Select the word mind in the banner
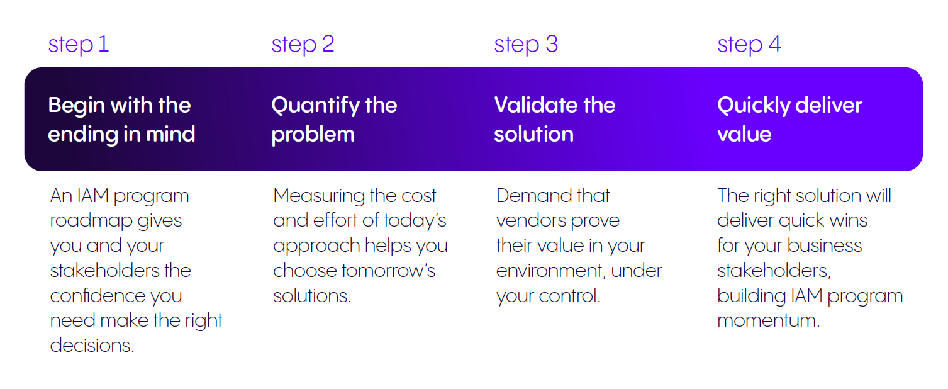(170, 134)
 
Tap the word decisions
(92, 346)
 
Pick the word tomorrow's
(389, 271)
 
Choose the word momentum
(769, 320)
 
